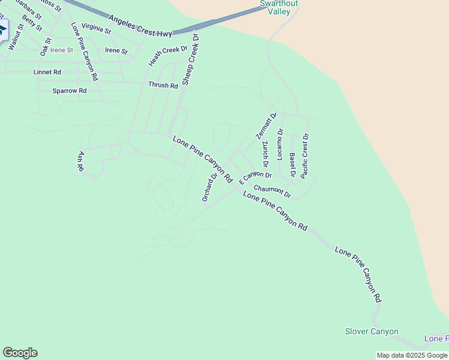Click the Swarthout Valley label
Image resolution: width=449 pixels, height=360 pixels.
coord(279,7)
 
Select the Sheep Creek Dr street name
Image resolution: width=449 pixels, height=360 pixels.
coord(190,59)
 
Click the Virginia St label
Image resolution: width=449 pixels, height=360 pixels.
coord(96,28)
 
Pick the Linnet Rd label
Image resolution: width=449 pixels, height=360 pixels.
coord(47,72)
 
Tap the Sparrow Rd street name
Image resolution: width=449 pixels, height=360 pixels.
coord(70,91)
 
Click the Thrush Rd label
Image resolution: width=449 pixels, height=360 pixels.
coord(163,85)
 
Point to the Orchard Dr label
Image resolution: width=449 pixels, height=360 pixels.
coord(209,187)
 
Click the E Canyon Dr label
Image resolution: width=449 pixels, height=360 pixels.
coord(255,177)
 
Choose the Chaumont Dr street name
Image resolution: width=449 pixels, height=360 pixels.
coord(272,191)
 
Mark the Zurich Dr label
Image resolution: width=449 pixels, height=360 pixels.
coord(265,154)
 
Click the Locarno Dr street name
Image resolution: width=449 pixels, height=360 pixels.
coord(280,144)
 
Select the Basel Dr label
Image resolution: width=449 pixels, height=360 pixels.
coord(292,165)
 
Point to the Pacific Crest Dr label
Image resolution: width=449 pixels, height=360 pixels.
coord(305,156)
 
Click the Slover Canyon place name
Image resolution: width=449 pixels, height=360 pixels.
coord(372,331)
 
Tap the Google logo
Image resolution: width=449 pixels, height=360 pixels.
coord(20,353)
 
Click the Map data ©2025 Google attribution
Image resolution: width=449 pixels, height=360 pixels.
coord(412,355)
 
